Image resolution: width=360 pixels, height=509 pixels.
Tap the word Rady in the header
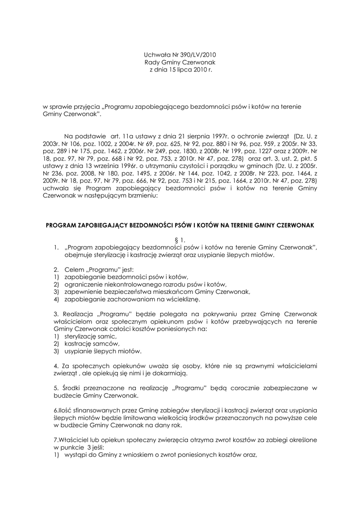pos(152,63)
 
